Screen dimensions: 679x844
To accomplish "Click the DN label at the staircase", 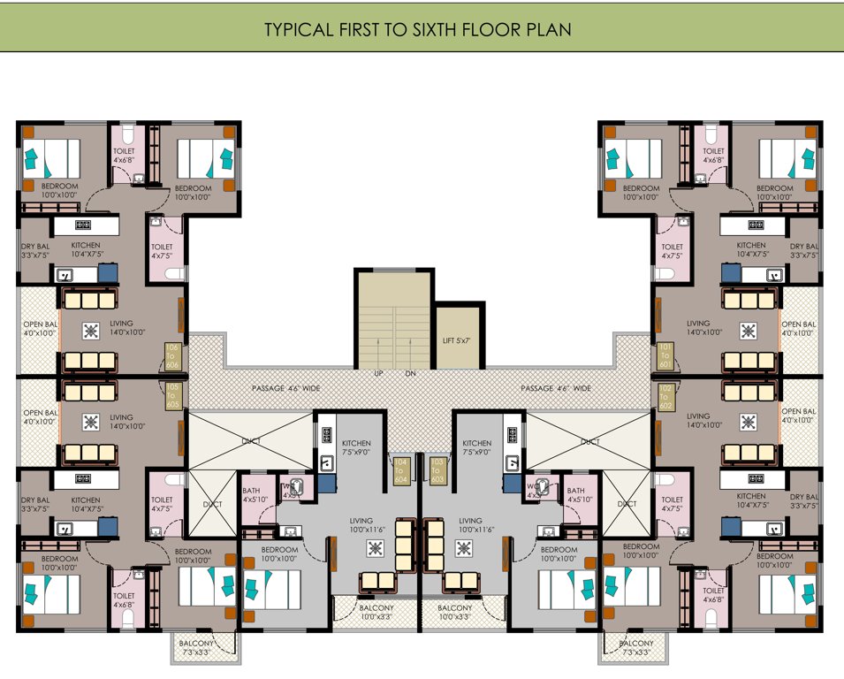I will point(411,374).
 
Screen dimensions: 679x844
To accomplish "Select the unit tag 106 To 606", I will point(172,355).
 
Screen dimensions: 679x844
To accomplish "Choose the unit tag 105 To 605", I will point(172,395).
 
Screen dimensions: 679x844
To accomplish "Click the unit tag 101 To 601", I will point(664,355).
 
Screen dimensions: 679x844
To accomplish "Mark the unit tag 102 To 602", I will point(664,395).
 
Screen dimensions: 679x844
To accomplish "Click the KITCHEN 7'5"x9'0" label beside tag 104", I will point(356,448).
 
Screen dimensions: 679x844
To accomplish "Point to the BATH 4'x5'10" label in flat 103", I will point(576,496).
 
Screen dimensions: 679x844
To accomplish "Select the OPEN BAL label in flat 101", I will point(798,327).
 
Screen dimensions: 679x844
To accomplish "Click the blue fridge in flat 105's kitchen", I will point(108,527).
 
